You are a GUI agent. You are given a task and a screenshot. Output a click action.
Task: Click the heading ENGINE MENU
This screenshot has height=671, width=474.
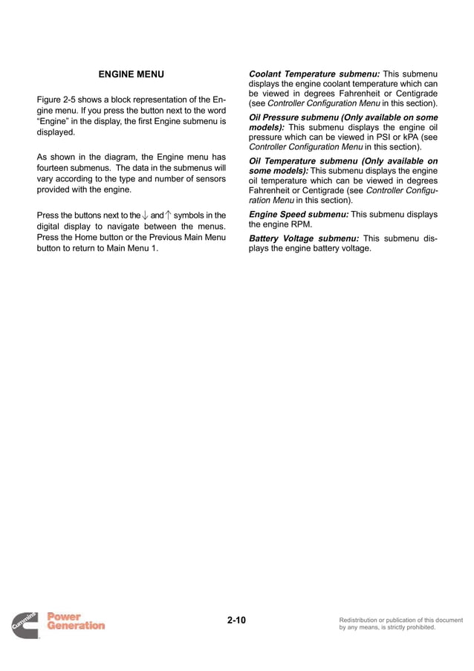tap(131, 74)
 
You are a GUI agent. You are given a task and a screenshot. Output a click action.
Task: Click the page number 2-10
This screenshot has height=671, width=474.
tap(237, 620)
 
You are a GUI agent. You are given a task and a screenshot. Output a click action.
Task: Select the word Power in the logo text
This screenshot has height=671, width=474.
tap(65, 616)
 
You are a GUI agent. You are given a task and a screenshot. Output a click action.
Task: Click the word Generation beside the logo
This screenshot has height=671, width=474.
tap(76, 626)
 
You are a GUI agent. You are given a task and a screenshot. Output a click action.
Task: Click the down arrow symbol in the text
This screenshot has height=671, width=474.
tap(145, 216)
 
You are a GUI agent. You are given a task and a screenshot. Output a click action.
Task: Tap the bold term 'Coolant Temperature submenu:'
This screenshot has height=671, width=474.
tap(313, 74)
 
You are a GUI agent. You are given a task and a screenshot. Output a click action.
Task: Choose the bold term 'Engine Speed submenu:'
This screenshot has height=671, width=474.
tap(298, 215)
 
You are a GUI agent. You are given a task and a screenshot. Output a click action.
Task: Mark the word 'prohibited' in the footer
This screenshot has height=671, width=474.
tap(418, 627)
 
